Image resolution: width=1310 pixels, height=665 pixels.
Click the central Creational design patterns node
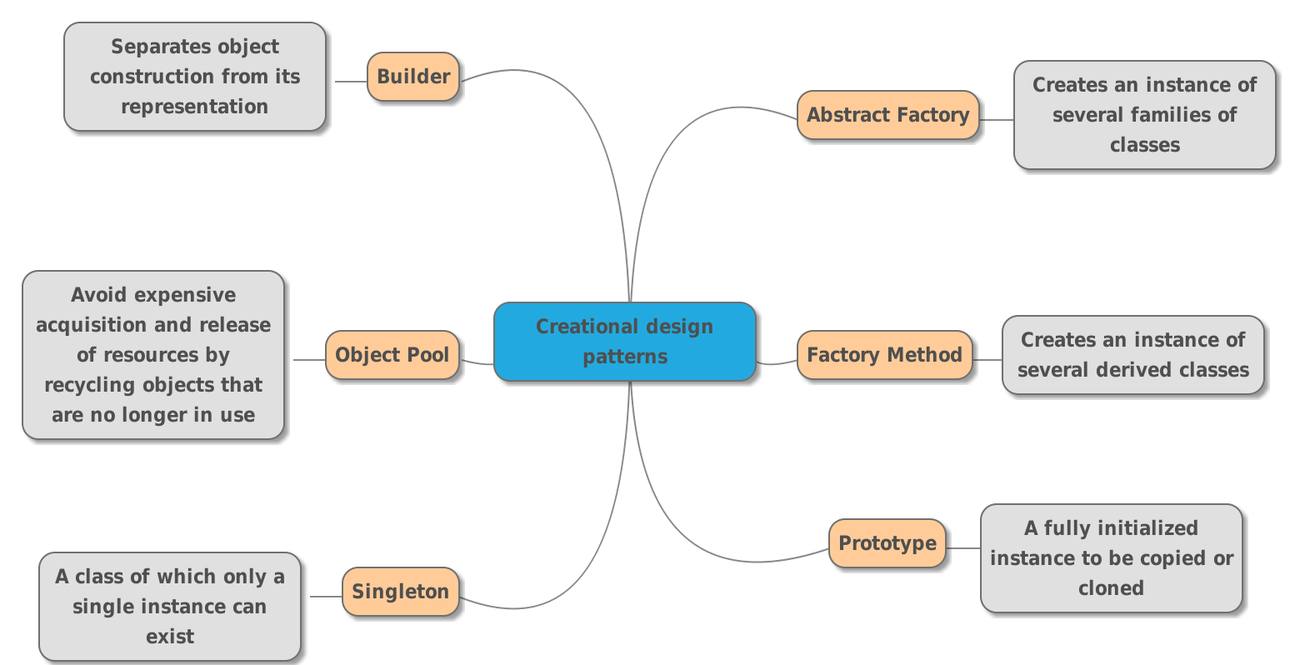pos(624,342)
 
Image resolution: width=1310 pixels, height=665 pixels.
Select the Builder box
pos(413,77)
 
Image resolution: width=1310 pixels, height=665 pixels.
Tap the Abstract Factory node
pos(887,115)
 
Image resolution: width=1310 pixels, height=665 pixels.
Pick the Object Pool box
pos(392,355)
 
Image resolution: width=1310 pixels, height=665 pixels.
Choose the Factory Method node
pos(884,355)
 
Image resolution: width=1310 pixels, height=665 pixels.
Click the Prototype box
pos(887,543)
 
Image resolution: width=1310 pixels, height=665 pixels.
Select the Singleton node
pos(400,592)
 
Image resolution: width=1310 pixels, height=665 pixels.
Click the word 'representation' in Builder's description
pos(194,107)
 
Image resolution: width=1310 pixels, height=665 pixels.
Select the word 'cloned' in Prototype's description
pos(1111,588)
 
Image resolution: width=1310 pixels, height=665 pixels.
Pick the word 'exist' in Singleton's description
pos(170,637)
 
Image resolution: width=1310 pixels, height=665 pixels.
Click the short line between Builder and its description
pos(350,82)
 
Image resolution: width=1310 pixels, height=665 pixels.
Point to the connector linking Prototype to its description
pos(963,548)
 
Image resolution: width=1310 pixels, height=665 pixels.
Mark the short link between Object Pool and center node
pos(477,362)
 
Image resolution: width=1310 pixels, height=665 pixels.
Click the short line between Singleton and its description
pos(326,597)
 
